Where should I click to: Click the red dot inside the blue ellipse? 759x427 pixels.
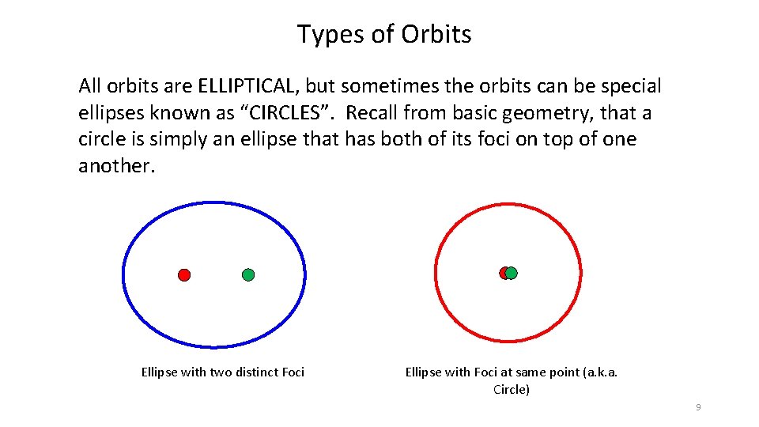[x=184, y=275]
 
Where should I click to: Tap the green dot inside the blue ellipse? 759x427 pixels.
[x=248, y=275]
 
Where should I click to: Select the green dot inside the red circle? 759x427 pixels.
[x=512, y=273]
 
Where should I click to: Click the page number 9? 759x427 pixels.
[x=697, y=407]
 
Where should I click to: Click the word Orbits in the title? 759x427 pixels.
[x=436, y=34]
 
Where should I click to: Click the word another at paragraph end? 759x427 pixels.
[x=113, y=166]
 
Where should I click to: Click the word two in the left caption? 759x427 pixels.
[x=218, y=372]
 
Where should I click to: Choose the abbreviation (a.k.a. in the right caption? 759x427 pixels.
[x=599, y=372]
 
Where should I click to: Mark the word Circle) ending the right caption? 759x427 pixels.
[x=511, y=390]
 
